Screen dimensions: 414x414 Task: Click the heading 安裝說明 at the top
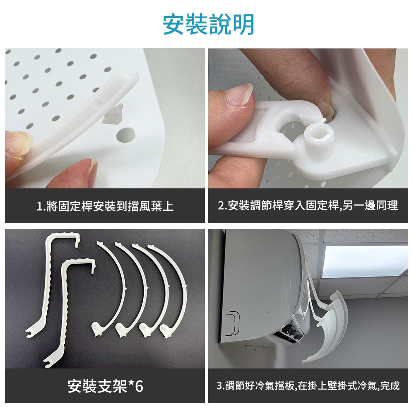208,24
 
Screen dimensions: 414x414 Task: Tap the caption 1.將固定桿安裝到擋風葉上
105,206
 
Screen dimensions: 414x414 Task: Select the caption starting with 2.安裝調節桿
308,205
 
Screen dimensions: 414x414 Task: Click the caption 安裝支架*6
105,386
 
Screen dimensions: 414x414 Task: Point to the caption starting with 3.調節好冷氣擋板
308,386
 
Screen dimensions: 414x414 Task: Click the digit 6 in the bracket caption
139,386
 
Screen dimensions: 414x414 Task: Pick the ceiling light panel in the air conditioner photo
365,261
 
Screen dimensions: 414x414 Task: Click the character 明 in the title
243,24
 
